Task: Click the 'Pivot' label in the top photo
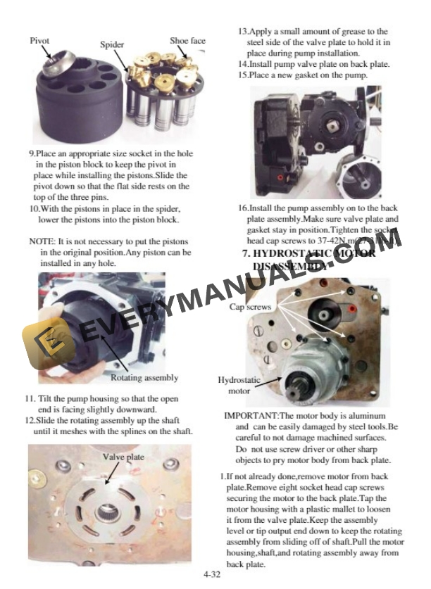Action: [x=39, y=40]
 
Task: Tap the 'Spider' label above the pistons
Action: [x=111, y=44]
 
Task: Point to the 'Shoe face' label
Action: [x=187, y=40]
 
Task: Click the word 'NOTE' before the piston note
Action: [x=42, y=241]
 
